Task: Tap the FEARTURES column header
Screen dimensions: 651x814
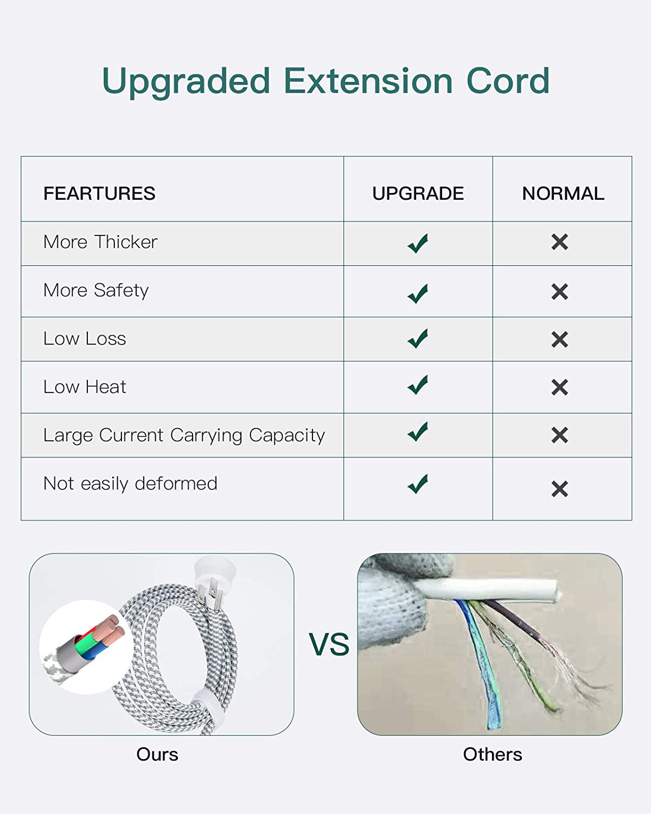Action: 99,193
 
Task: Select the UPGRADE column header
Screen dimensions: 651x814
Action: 418,193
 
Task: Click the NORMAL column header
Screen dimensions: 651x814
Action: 563,193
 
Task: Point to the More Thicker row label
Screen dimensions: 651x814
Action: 100,241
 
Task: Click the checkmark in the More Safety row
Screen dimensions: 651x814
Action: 418,293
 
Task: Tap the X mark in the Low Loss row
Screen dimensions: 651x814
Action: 559,339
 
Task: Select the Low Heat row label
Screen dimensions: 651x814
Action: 85,386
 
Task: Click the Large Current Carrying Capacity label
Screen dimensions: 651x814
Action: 184,435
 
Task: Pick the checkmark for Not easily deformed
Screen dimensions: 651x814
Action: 418,484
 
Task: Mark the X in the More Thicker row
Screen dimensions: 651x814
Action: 559,242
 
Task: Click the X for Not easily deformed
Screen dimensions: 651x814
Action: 559,489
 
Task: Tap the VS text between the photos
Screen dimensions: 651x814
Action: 329,644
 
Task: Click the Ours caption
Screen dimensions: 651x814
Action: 157,754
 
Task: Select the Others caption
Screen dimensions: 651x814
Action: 493,754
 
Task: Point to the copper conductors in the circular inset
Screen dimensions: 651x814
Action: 110,628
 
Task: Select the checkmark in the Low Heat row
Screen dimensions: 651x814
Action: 418,385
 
